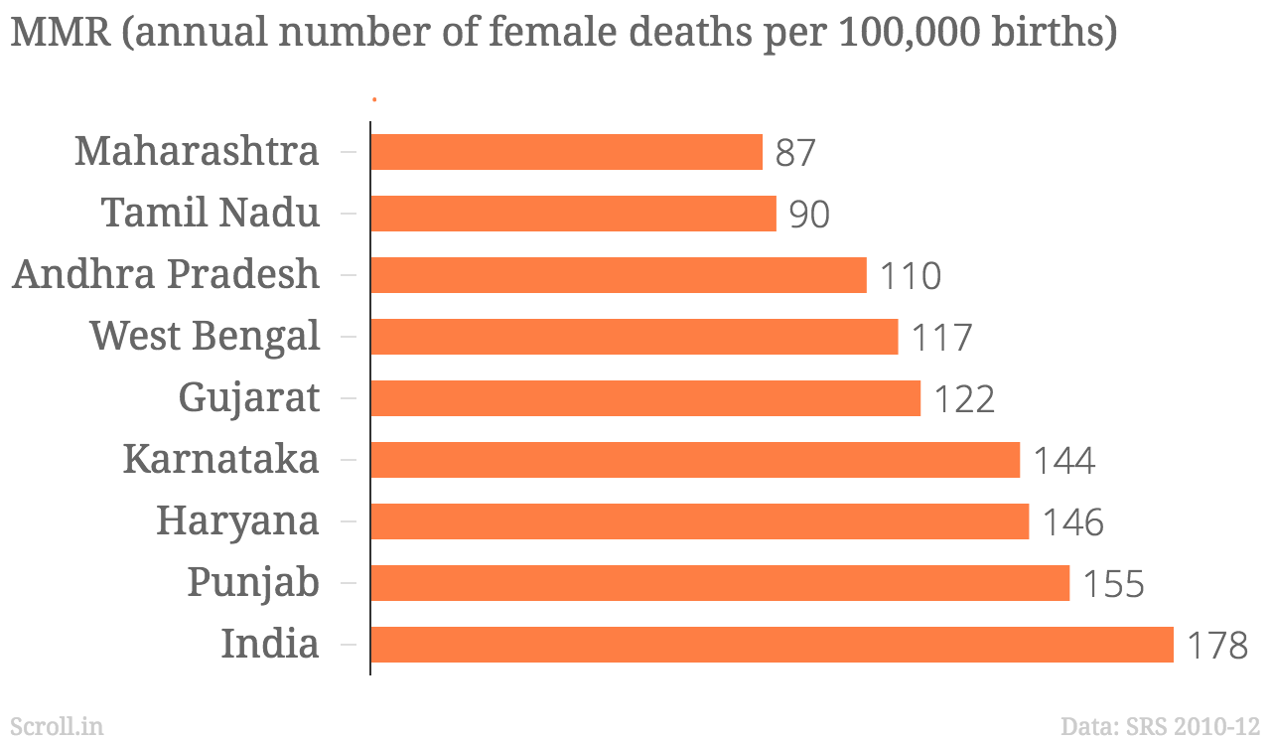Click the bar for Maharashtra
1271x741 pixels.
coord(566,152)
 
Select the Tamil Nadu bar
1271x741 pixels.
coord(573,214)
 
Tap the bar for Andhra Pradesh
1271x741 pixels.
coord(618,275)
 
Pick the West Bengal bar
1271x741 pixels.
coord(634,337)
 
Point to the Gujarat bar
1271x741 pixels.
coord(645,398)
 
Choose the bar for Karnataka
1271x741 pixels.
coord(695,460)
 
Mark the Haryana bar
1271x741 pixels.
coord(699,521)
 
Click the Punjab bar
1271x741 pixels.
coord(720,583)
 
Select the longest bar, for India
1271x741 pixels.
coord(772,645)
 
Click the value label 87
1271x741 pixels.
coord(795,154)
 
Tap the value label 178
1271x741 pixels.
coord(1217,647)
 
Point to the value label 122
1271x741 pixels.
coord(964,400)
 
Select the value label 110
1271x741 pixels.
coord(911,277)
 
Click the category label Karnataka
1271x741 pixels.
coord(221,460)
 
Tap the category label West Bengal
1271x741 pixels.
coord(206,337)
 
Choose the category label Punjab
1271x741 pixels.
coord(254,584)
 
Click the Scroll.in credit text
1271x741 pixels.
coord(57,726)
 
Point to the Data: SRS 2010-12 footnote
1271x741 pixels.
coord(1160,726)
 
